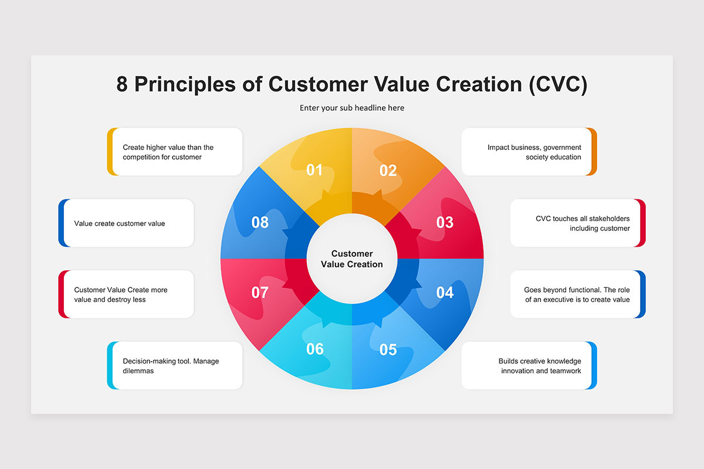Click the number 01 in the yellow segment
(314, 170)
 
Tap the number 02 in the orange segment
(388, 171)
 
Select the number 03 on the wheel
(445, 222)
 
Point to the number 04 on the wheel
(445, 293)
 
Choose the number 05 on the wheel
(388, 349)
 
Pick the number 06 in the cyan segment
(314, 349)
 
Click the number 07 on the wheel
(260, 293)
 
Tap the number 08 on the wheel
(260, 222)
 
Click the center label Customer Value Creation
(352, 259)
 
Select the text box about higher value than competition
(175, 152)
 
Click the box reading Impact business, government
(529, 152)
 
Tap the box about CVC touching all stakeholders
(578, 223)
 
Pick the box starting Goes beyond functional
(578, 294)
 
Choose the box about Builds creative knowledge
(529, 366)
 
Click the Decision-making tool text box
(175, 366)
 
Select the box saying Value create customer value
(126, 223)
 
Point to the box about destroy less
(126, 294)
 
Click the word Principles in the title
(185, 84)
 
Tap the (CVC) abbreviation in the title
(558, 84)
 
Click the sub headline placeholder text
(352, 108)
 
